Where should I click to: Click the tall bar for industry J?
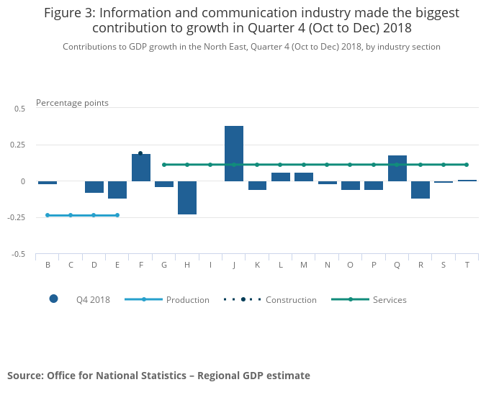pyautogui.click(x=234, y=153)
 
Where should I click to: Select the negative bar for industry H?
pyautogui.click(x=187, y=198)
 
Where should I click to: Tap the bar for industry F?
pyautogui.click(x=141, y=168)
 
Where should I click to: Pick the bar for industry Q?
pyautogui.click(x=397, y=168)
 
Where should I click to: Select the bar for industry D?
pyautogui.click(x=94, y=187)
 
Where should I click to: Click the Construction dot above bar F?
pyautogui.click(x=140, y=153)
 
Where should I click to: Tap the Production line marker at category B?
pyautogui.click(x=48, y=215)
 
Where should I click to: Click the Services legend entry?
pyautogui.click(x=389, y=300)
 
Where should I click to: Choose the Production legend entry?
pyautogui.click(x=187, y=300)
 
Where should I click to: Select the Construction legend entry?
pyautogui.click(x=290, y=300)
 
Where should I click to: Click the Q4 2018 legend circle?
pyautogui.click(x=53, y=299)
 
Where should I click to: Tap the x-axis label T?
pyautogui.click(x=467, y=265)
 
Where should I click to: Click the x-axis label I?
pyautogui.click(x=210, y=265)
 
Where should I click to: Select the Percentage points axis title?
pyautogui.click(x=72, y=103)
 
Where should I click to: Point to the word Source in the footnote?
pyautogui.click(x=24, y=376)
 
